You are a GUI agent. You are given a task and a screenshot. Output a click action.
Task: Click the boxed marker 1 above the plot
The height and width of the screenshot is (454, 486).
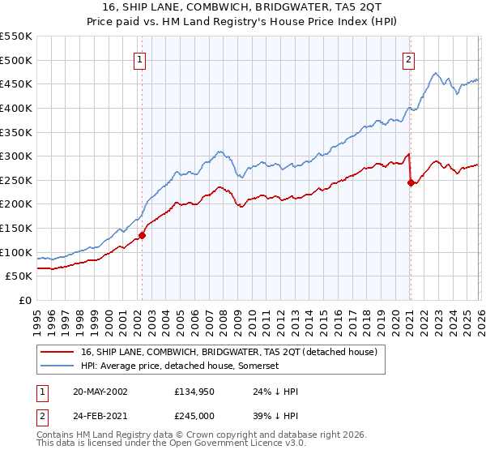click(x=141, y=59)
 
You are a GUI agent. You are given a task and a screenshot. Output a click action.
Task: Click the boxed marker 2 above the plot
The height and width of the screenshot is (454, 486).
click(x=410, y=59)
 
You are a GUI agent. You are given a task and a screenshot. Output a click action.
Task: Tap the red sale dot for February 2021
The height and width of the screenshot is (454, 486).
click(x=411, y=182)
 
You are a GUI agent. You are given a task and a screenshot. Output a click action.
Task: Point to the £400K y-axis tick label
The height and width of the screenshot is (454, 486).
click(x=15, y=108)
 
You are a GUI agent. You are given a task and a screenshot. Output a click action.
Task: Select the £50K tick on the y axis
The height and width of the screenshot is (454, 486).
click(x=19, y=276)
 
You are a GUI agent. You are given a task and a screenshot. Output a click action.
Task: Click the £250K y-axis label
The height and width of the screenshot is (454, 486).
click(x=15, y=180)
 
